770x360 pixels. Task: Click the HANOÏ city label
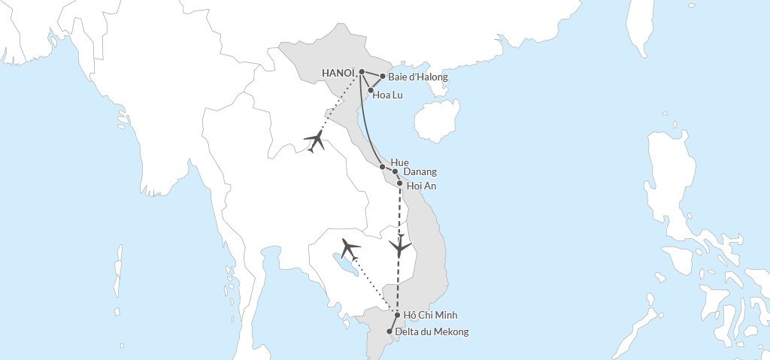(x=338, y=73)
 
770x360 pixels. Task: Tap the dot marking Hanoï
(x=362, y=72)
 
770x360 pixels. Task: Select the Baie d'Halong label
(x=417, y=77)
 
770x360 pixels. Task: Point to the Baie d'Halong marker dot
(x=383, y=76)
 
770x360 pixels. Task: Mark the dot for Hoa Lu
(x=371, y=90)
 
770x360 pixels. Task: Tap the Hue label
(x=400, y=162)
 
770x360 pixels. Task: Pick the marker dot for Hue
(x=383, y=166)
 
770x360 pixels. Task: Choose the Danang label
(x=420, y=172)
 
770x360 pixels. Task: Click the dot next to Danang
(x=395, y=171)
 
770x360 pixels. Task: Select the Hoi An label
(x=421, y=186)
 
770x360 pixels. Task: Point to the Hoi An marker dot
(x=399, y=183)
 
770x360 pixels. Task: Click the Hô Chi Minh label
(x=430, y=315)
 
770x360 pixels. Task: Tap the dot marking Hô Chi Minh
(x=397, y=316)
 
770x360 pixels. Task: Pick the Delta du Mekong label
(x=432, y=331)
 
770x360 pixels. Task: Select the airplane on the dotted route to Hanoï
(x=315, y=141)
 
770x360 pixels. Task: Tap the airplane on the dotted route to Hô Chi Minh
(x=350, y=248)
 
